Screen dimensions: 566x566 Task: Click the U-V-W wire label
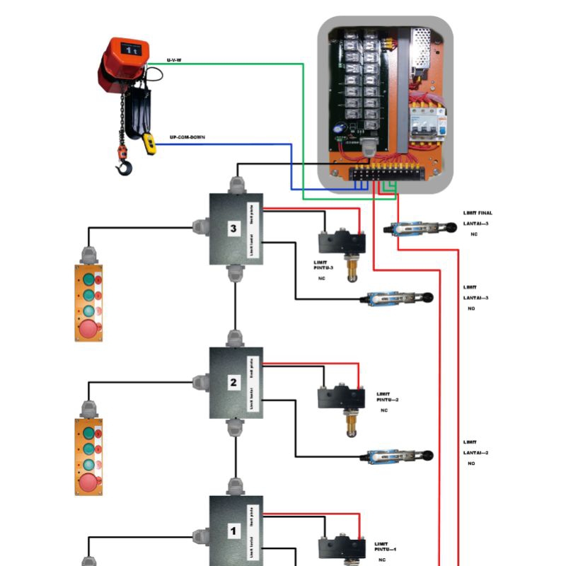click(x=174, y=60)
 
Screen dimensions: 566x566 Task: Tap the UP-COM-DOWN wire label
click(x=187, y=137)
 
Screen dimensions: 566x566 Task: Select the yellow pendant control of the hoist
click(x=149, y=143)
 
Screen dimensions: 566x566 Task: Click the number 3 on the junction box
click(x=234, y=229)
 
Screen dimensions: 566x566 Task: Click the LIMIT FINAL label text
click(x=478, y=213)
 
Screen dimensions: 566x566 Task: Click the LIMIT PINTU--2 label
click(x=387, y=397)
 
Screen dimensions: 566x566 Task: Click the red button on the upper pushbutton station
click(x=89, y=328)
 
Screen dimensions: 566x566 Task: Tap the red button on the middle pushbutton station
click(x=89, y=483)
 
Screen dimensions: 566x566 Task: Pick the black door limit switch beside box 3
click(x=341, y=242)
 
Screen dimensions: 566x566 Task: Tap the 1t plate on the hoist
click(x=131, y=50)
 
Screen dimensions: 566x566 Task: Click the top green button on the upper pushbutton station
click(x=88, y=279)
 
